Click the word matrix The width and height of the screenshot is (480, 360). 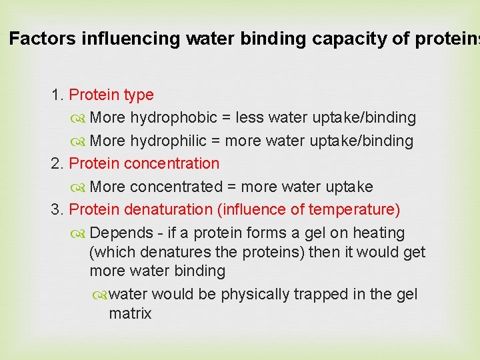[130, 313]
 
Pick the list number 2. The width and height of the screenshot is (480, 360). [57, 164]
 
